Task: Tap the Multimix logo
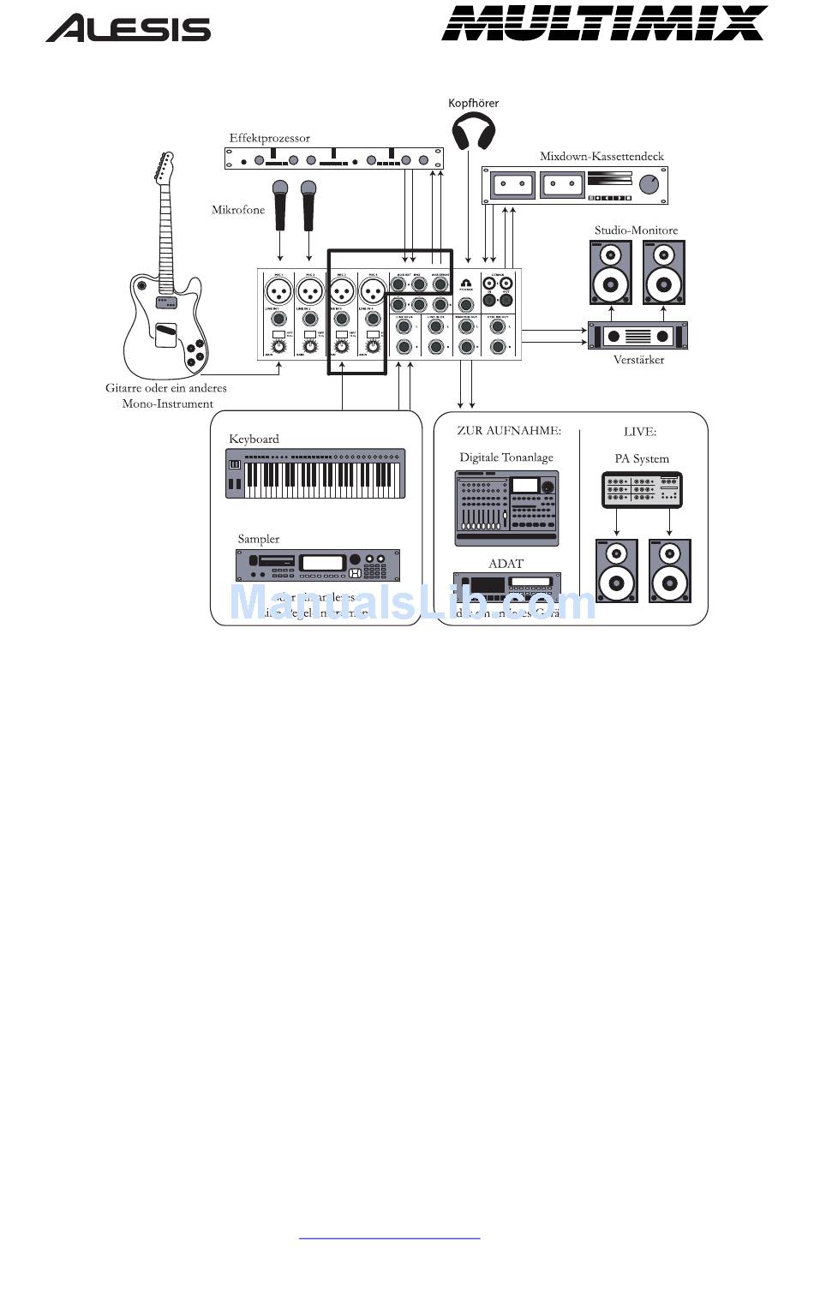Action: point(604,23)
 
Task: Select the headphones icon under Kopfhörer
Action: point(474,132)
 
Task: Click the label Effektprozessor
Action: point(269,138)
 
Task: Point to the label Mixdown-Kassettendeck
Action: point(602,157)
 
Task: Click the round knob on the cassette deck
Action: point(649,183)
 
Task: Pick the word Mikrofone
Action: point(238,210)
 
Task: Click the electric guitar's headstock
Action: point(163,167)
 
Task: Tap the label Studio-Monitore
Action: point(636,230)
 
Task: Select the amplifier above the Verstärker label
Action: point(637,335)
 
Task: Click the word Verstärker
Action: point(638,360)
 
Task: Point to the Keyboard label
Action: point(254,439)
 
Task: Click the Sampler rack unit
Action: point(318,565)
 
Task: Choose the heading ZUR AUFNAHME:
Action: point(509,431)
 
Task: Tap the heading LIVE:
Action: point(640,432)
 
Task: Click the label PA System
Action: point(642,459)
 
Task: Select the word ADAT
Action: point(506,564)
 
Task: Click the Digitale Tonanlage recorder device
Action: point(506,508)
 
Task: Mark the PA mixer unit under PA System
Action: point(643,489)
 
